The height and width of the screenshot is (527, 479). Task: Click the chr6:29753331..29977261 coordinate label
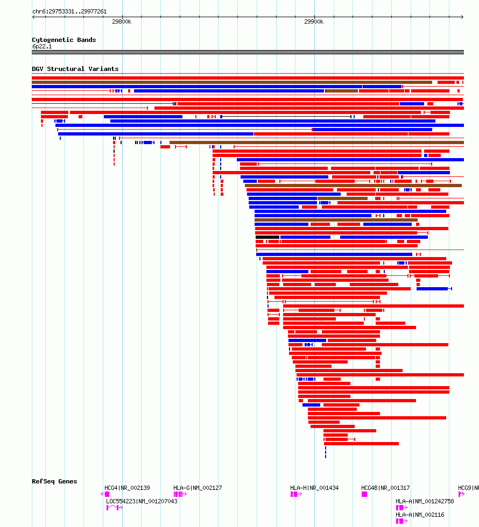pos(69,11)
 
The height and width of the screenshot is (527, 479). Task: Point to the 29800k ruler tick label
pos(122,22)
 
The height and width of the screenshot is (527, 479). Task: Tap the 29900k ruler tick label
pos(314,22)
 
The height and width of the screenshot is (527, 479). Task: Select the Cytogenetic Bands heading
pos(64,40)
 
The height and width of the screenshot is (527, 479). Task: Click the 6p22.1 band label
pos(42,47)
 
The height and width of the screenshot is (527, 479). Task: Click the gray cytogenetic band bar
pos(248,52)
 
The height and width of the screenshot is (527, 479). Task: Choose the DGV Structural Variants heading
pos(75,69)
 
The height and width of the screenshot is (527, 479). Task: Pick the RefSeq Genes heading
pos(54,481)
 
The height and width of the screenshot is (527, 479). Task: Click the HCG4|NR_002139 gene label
pos(127,488)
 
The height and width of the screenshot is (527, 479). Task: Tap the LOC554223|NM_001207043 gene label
pos(142,501)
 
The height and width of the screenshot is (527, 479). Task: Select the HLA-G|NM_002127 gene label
pos(198,488)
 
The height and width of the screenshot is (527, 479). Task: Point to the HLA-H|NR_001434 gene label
pos(314,488)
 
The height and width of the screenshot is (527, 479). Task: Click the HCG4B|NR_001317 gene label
pos(385,488)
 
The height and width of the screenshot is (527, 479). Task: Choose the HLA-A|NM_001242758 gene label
pos(425,501)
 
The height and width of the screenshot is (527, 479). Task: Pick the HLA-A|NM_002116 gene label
pos(420,515)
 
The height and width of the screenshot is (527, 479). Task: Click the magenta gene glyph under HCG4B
pos(364,494)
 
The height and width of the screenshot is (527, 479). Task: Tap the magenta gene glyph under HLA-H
pos(295,494)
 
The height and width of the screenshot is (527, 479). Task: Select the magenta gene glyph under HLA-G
pos(179,494)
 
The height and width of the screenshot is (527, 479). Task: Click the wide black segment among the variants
pos(267,237)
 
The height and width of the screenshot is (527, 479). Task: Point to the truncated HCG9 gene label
pos(468,488)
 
